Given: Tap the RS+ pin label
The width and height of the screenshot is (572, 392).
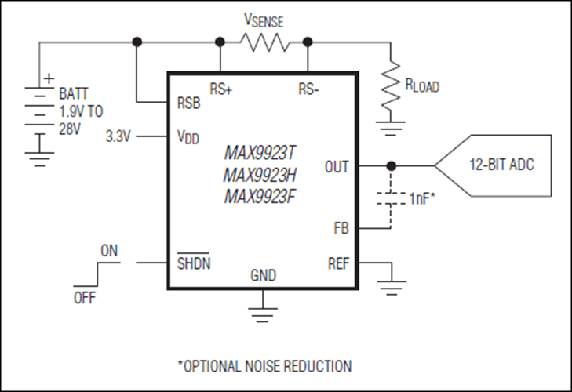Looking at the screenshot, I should [220, 89].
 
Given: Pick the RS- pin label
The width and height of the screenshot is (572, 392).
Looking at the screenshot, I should [308, 89].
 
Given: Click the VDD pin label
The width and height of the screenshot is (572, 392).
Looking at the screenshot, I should [188, 137].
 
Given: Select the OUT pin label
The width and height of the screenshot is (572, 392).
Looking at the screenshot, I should [337, 166].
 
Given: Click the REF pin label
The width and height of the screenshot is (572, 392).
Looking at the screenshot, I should [338, 263].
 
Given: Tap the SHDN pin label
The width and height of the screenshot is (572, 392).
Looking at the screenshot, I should [192, 263].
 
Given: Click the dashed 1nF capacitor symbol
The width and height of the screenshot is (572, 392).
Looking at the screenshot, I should [390, 198].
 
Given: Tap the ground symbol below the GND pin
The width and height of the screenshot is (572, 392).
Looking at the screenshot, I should [263, 312].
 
